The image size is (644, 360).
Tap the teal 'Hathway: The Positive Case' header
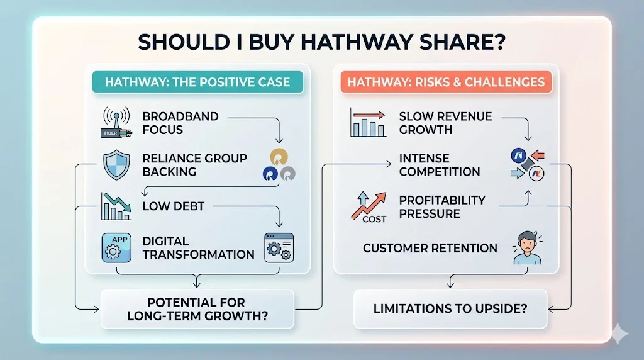(197, 82)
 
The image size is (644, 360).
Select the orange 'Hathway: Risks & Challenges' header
(446, 82)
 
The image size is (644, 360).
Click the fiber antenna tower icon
(116, 122)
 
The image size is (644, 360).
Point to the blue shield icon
(116, 165)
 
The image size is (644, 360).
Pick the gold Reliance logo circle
(279, 157)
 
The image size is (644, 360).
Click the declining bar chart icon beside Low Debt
(116, 206)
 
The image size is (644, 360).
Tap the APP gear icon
(116, 248)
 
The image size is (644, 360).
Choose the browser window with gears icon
(279, 248)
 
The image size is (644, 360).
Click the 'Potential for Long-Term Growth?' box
(197, 309)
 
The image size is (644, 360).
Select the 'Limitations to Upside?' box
(450, 309)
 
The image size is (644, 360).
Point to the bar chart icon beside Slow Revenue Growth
(368, 122)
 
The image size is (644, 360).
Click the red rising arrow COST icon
(369, 208)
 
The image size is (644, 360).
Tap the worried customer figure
(528, 247)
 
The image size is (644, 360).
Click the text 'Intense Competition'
(440, 165)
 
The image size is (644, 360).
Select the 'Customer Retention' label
(430, 248)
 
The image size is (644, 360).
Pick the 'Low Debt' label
(174, 206)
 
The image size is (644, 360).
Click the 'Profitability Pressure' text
(442, 206)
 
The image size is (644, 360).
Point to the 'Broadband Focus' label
(180, 123)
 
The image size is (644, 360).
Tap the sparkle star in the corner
(619, 334)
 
